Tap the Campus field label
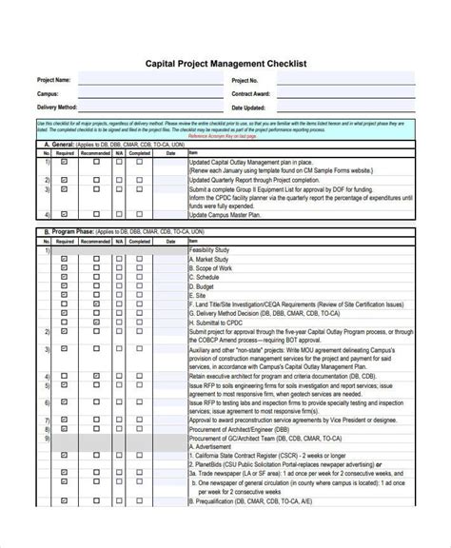pos(49,94)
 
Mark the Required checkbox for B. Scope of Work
pos(65,267)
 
